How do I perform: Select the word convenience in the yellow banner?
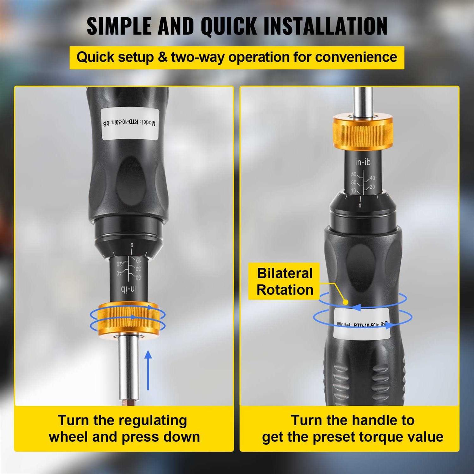(x=356, y=57)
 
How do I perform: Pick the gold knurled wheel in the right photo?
(x=362, y=132)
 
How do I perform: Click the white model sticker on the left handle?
(x=130, y=123)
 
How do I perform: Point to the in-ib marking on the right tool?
(x=362, y=162)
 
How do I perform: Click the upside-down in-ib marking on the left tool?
(x=129, y=289)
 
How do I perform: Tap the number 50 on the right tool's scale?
(x=354, y=174)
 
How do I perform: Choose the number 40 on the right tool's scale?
(x=372, y=179)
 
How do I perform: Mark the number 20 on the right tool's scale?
(x=372, y=187)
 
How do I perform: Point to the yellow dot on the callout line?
(x=346, y=302)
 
